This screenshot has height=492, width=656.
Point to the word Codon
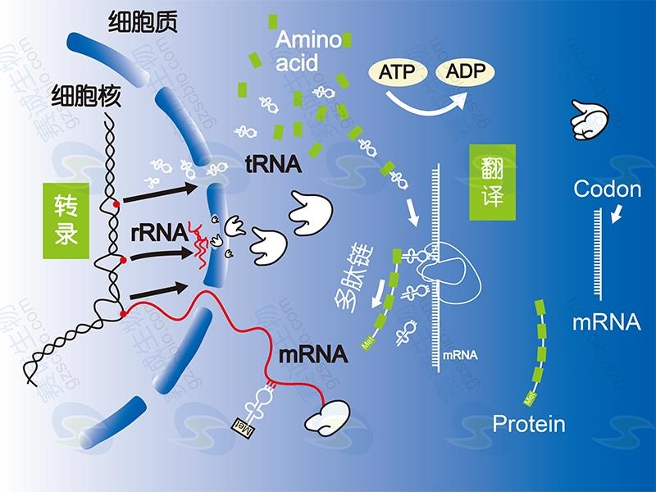pos(607,190)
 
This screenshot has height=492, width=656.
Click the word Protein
pos(529,424)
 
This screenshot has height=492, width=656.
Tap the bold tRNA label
pos(273,164)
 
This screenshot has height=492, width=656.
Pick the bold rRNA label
pos(159,232)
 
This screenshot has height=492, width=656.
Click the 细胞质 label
pos(144,25)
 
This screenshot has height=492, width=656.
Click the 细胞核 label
pos(86,96)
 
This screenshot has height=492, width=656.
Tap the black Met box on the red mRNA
pos(243,425)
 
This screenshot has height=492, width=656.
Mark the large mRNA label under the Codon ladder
pos(606,321)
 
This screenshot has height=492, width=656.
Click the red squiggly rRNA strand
pos(199,244)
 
